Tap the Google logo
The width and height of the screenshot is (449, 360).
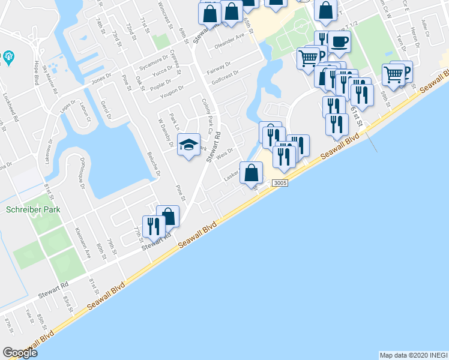[20, 352]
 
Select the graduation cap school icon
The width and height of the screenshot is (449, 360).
[189, 145]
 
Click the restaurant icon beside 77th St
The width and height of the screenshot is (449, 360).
[153, 226]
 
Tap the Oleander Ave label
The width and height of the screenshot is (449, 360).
[231, 40]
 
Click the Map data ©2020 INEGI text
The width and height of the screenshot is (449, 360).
[412, 355]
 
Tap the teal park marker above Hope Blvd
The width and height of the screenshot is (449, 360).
[8, 58]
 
